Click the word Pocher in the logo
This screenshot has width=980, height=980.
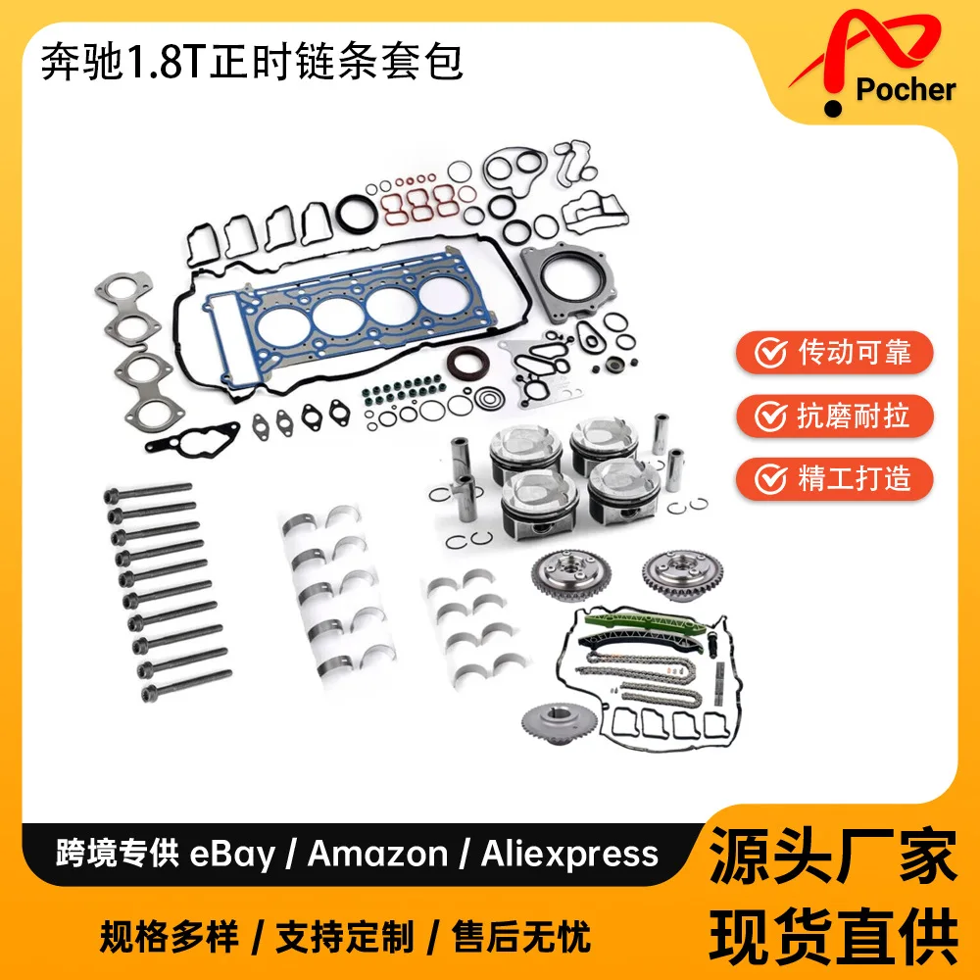906,89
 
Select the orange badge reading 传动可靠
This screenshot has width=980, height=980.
834,353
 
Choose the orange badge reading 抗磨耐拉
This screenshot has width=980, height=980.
834,416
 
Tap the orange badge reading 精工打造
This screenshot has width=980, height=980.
834,479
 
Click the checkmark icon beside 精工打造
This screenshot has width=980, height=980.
770,479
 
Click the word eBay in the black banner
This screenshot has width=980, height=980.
232,855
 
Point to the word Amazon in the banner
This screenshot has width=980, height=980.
377,854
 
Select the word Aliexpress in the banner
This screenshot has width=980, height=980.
569,855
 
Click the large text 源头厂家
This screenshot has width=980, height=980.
833,855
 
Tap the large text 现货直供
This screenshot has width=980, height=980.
833,936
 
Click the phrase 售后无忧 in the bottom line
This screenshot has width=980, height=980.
521,937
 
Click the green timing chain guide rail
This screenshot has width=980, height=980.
644,622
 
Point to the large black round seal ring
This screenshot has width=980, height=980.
358,214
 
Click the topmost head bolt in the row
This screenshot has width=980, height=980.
148,493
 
